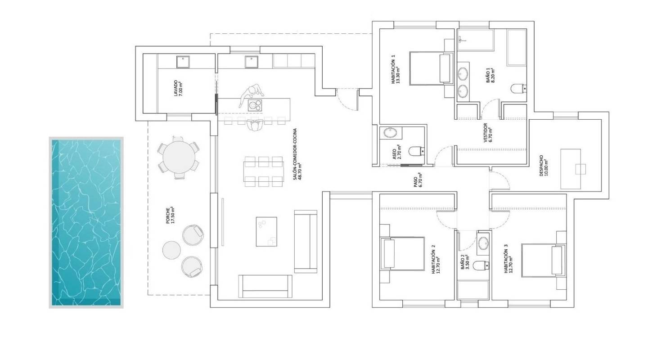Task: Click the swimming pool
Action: coord(85,223)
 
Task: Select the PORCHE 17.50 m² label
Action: coord(170,216)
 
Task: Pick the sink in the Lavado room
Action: coord(182,62)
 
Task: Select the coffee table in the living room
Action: coord(266,231)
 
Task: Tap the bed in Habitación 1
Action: coord(430,68)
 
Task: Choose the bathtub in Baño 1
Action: coord(516,47)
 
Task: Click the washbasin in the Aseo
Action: coord(388,133)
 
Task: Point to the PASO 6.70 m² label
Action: coord(419,180)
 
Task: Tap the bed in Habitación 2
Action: coord(402,253)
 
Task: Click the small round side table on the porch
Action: coord(171,250)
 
